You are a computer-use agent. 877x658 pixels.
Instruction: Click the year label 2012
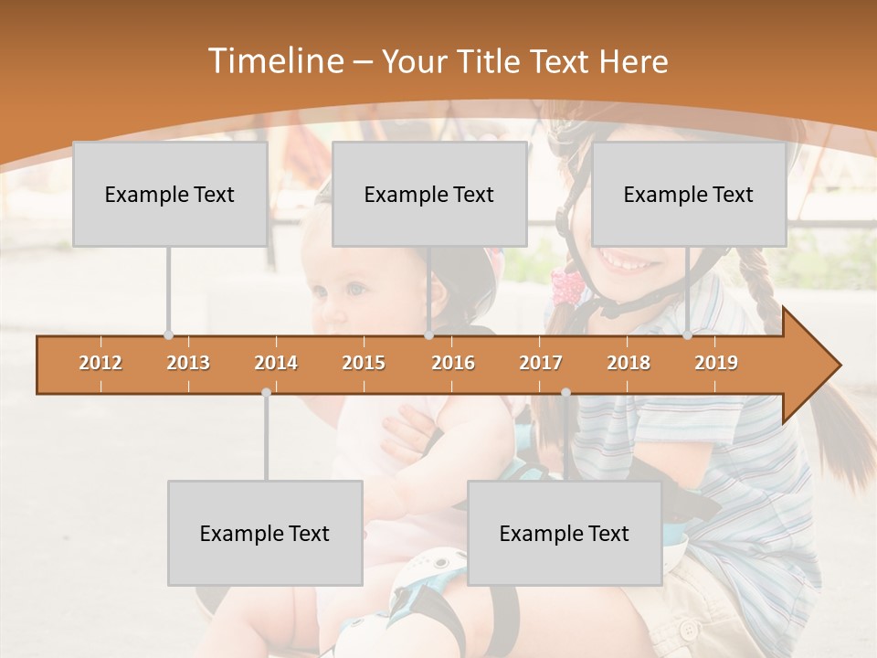[x=100, y=363]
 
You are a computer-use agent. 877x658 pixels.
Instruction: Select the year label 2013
[x=188, y=363]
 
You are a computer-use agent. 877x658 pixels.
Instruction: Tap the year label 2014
[x=276, y=363]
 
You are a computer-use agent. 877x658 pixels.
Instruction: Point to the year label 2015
[x=364, y=363]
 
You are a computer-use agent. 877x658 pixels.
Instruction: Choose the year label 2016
[x=453, y=363]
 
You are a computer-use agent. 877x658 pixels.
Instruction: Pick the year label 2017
[x=541, y=363]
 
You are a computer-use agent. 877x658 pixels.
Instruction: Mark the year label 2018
[x=629, y=363]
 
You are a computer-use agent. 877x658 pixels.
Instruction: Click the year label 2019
[x=716, y=363]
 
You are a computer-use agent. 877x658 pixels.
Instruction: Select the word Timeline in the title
[x=274, y=61]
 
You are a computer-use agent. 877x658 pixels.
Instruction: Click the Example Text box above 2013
[x=170, y=194]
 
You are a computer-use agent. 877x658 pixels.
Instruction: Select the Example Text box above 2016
[x=429, y=194]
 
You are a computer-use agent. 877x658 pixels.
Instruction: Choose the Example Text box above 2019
[x=689, y=194]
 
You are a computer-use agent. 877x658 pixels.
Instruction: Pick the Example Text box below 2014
[x=265, y=533]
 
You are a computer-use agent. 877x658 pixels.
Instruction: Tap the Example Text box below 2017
[x=565, y=533]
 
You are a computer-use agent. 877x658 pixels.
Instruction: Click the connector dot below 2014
[x=266, y=392]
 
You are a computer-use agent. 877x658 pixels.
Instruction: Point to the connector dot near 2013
[x=168, y=335]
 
